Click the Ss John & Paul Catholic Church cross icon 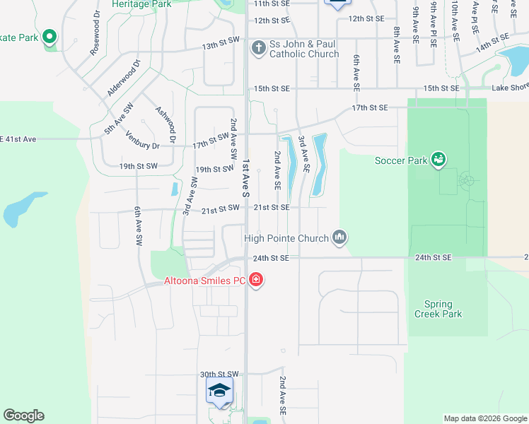click(259, 49)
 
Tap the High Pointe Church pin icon click(340, 237)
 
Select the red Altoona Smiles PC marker click(256, 281)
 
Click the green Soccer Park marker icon click(439, 160)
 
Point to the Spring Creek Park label click(438, 309)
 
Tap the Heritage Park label click(141, 4)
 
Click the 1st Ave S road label click(246, 176)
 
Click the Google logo click(23, 416)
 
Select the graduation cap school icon click(219, 391)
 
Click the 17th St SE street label click(371, 107)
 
